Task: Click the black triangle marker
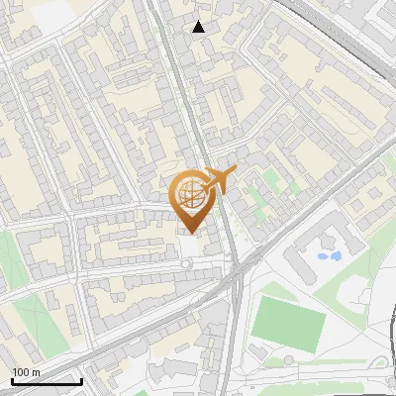click(x=199, y=27)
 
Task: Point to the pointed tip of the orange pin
click(x=189, y=234)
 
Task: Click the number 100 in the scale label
click(x=20, y=372)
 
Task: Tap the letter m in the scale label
click(x=35, y=372)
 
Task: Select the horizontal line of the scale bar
click(x=46, y=381)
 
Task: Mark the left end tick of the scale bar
click(x=11, y=379)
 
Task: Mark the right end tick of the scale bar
click(x=81, y=379)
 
